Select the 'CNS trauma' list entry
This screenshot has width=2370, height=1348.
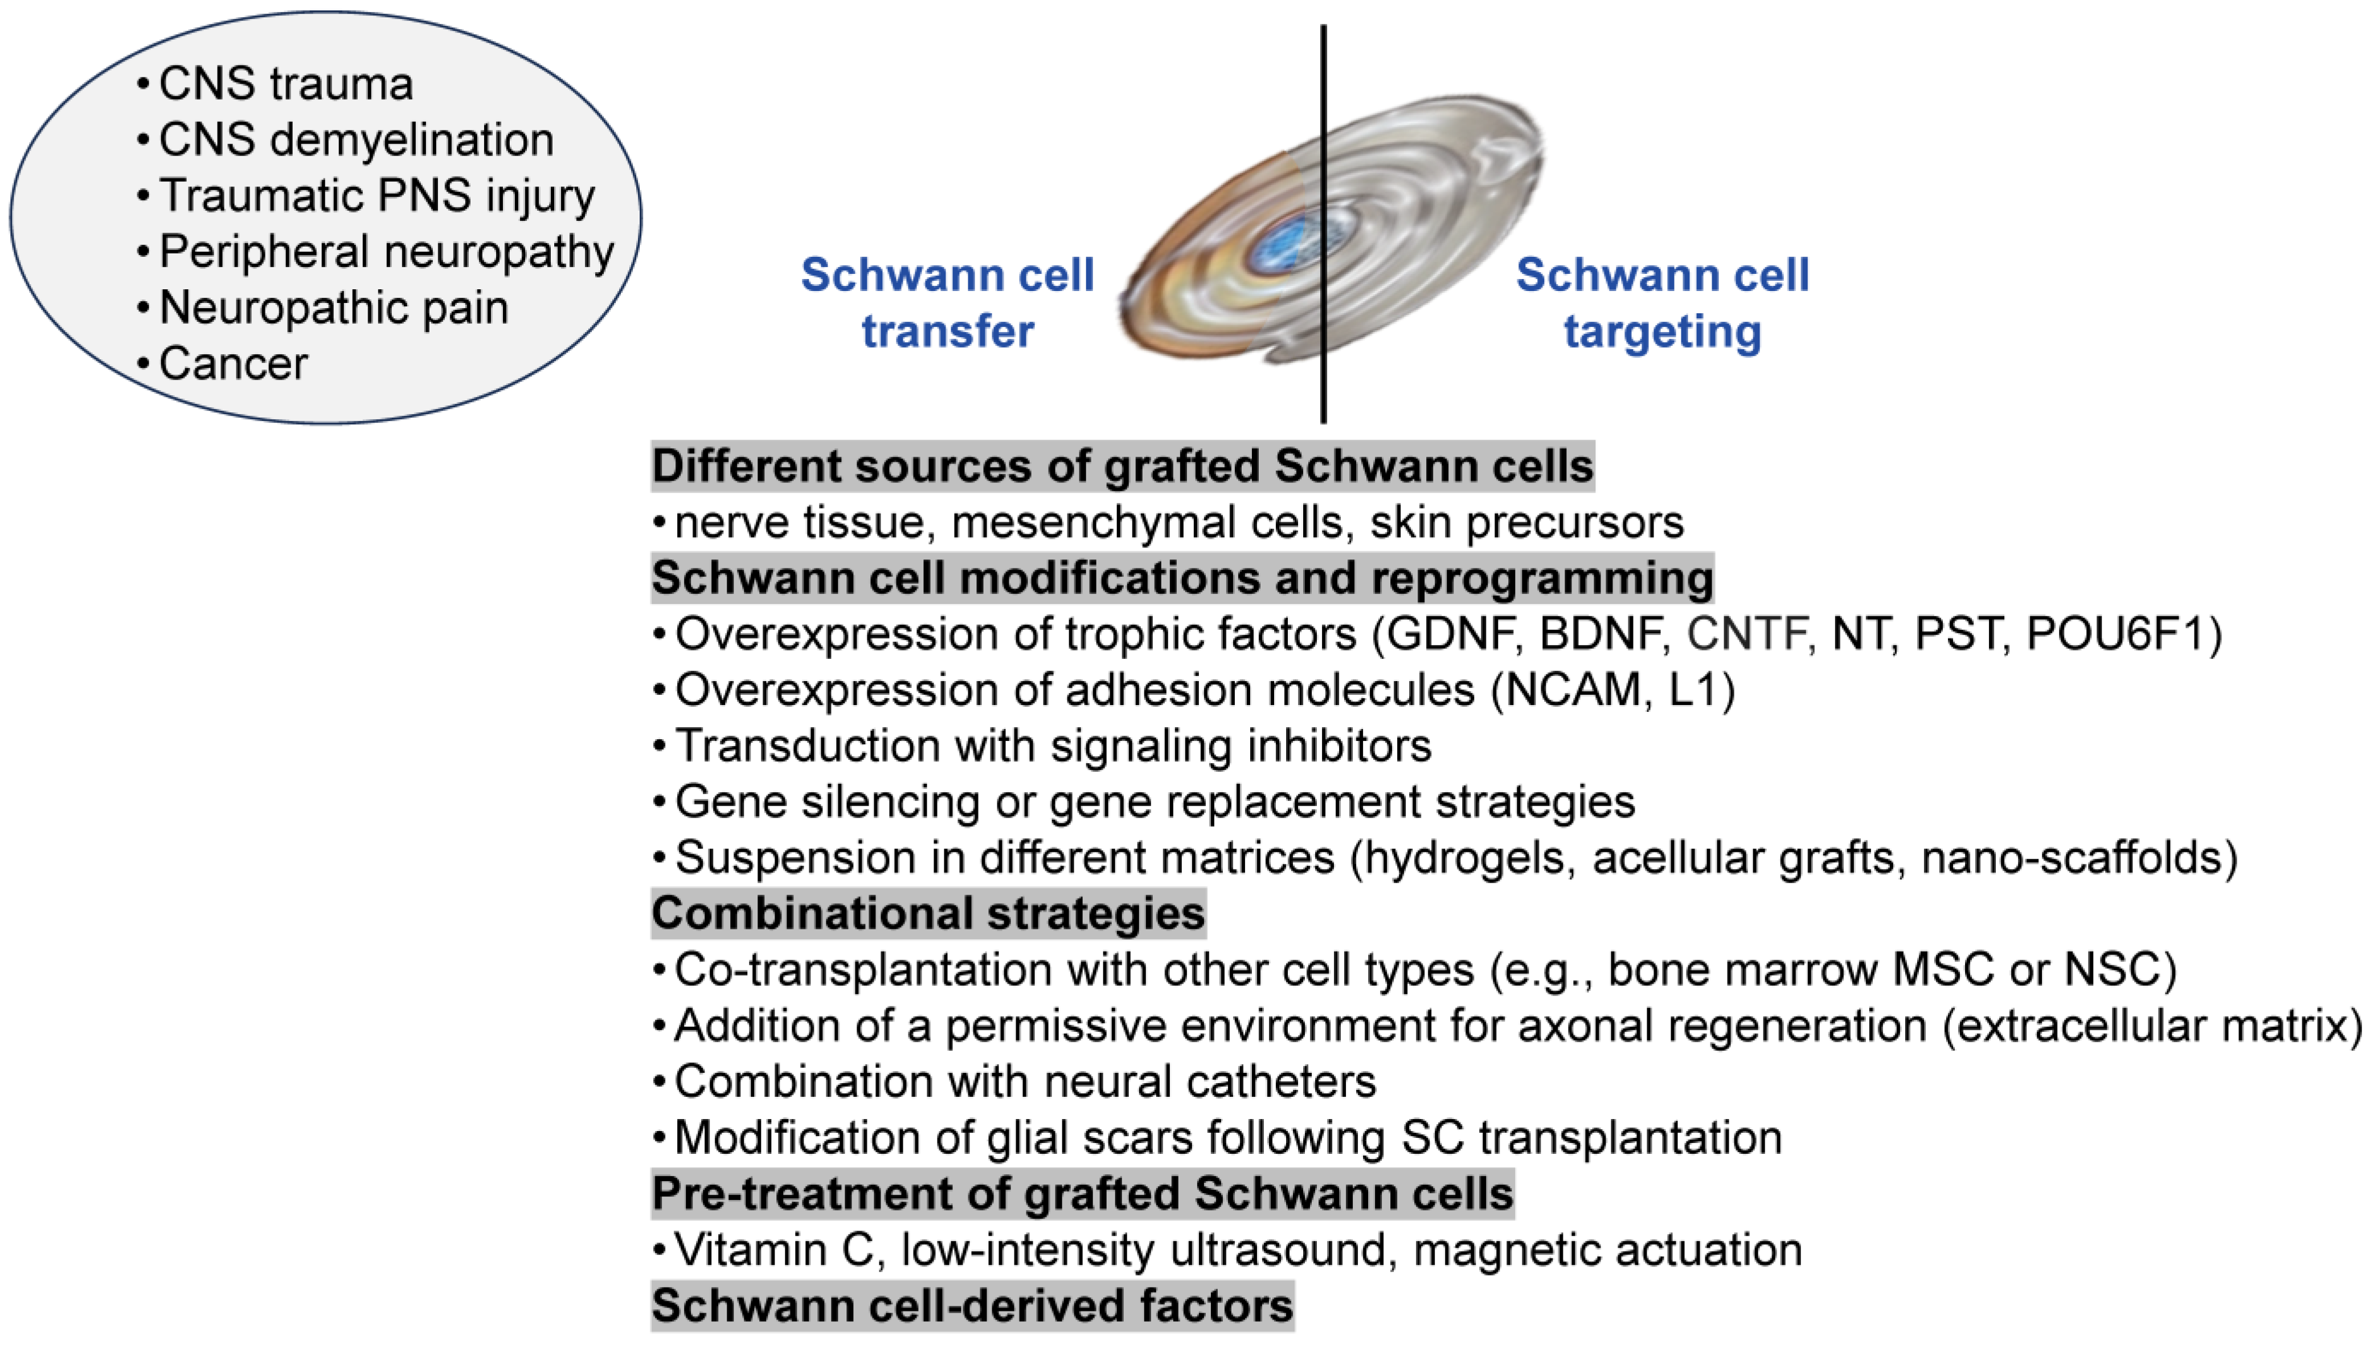click(285, 83)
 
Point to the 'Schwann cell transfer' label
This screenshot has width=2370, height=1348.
click(947, 303)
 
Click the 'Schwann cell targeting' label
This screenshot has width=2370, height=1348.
click(1662, 303)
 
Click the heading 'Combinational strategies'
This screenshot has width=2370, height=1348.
click(928, 914)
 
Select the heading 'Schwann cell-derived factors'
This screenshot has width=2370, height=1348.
click(972, 1305)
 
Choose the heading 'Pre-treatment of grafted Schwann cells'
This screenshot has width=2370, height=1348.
click(1082, 1194)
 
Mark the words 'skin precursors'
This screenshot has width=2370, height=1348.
click(1526, 522)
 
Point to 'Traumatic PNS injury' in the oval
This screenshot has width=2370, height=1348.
click(377, 195)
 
